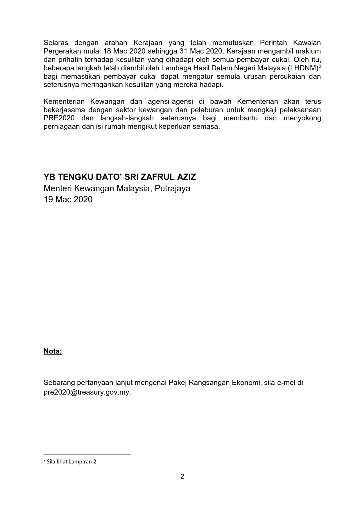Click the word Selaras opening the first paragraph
[56, 43]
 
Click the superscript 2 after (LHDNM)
[320, 66]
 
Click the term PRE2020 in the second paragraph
[59, 118]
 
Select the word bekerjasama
[64, 110]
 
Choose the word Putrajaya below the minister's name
[172, 188]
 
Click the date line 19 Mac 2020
[68, 199]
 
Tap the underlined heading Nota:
[53, 351]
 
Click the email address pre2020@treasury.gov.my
[87, 392]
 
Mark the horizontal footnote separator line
[87, 454]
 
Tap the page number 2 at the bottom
[182, 476]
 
